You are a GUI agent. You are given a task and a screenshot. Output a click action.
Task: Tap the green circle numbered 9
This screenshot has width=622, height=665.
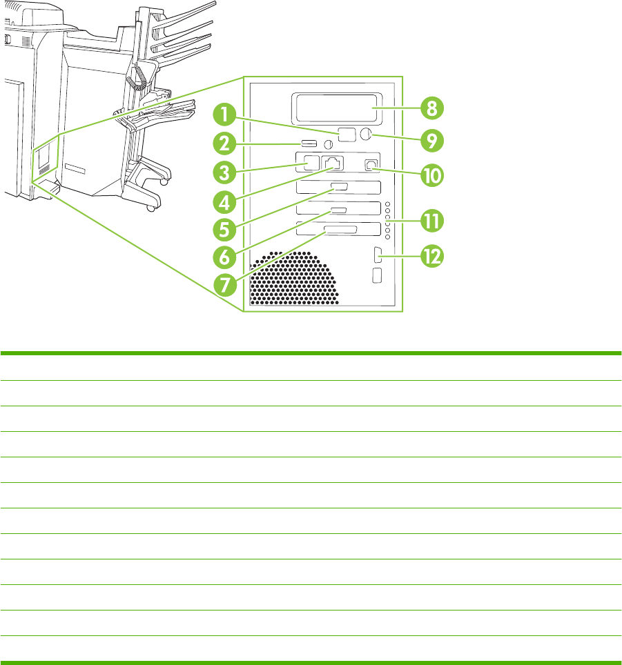pos(427,140)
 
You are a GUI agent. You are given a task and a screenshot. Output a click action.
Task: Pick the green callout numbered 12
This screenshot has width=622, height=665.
pos(427,257)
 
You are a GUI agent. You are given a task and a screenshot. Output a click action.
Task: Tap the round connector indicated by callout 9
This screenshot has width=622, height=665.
pos(366,134)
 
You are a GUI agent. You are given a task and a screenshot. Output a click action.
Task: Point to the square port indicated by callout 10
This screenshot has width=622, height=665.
pos(371,165)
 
